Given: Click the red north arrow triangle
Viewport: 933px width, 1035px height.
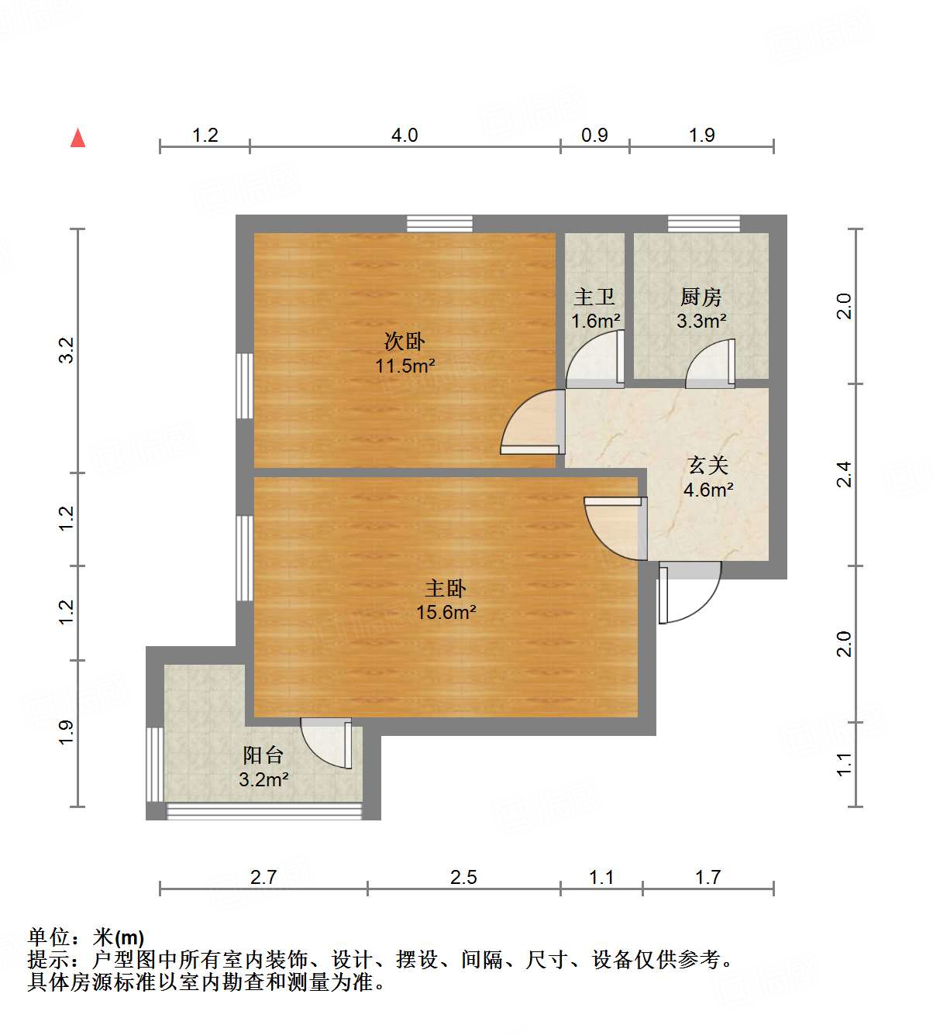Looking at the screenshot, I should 77,138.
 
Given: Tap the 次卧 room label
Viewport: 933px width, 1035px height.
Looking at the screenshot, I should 405,341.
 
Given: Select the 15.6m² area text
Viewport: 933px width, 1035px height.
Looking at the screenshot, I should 446,612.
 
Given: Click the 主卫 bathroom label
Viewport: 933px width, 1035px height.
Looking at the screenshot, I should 594,297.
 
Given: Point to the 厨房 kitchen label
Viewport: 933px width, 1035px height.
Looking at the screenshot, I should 701,296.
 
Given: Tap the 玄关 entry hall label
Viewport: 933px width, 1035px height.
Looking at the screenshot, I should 708,466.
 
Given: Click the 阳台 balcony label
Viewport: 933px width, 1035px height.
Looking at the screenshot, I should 263,755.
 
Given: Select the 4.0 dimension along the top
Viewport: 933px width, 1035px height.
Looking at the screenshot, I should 404,136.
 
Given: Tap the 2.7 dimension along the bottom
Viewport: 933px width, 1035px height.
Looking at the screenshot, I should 263,877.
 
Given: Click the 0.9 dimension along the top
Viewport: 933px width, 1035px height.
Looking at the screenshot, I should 594,136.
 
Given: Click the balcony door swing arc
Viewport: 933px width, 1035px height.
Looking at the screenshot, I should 327,742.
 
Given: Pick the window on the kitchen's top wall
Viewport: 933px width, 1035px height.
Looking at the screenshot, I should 704,224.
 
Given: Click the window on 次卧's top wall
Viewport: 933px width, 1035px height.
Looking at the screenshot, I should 439,224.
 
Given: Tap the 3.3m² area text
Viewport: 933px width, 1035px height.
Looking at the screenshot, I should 701,320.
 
